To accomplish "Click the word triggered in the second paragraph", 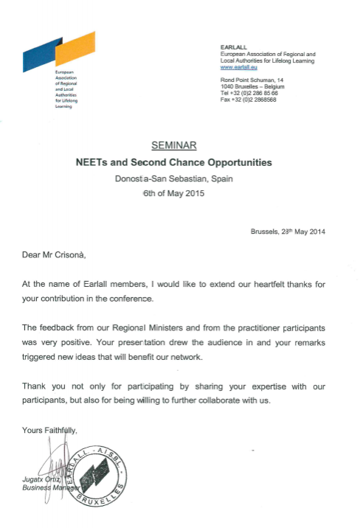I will click(x=44, y=356).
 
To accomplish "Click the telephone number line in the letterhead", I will click(x=249, y=94).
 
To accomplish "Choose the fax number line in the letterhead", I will click(x=249, y=100).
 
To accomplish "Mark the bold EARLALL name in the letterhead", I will click(x=234, y=46).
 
